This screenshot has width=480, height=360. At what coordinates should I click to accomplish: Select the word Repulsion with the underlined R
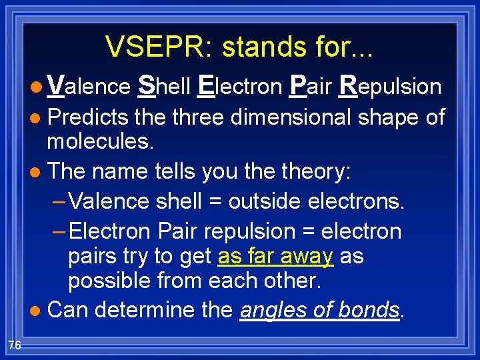click(x=390, y=87)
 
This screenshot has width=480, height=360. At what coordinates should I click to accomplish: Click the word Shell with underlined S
click(x=163, y=87)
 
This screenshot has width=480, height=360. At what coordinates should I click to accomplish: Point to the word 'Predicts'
click(x=87, y=117)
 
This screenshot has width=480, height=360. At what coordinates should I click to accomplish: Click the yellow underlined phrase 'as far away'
click(x=275, y=256)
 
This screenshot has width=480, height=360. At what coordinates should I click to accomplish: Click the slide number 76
click(x=15, y=345)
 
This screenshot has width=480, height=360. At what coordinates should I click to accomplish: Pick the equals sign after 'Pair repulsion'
click(x=307, y=232)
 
